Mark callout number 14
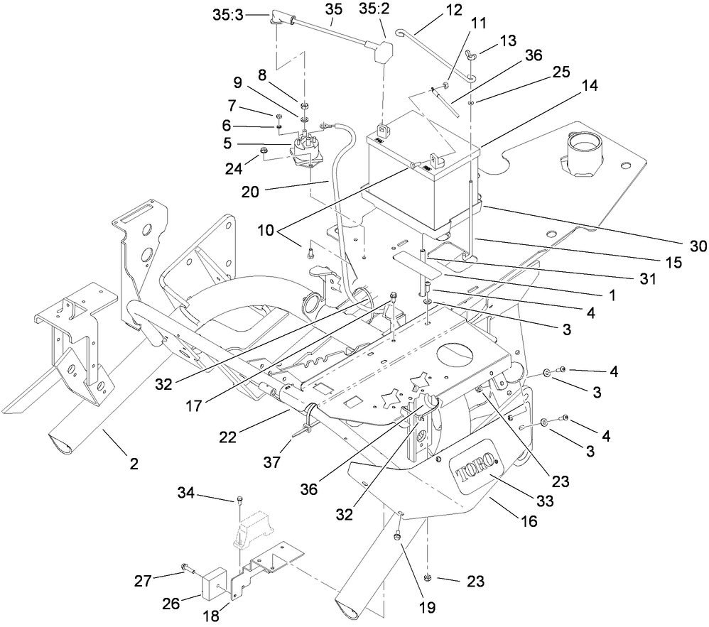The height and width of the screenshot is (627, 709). [589, 85]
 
